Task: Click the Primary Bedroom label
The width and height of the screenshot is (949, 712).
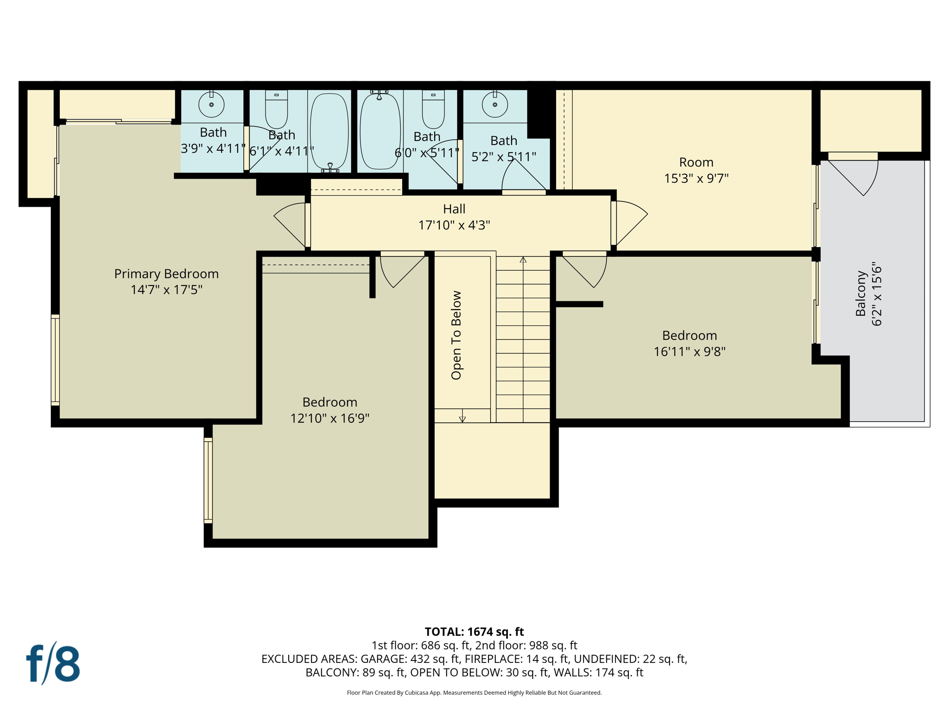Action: tap(166, 273)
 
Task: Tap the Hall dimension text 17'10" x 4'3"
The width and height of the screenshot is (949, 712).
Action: tap(454, 225)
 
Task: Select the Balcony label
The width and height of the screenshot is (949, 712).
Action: tap(860, 294)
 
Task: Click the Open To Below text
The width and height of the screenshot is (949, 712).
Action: tap(456, 335)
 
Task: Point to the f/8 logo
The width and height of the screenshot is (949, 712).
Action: tap(53, 664)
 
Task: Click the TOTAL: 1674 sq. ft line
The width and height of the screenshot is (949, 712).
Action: tap(474, 632)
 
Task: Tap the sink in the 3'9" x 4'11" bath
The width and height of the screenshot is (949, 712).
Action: tap(211, 104)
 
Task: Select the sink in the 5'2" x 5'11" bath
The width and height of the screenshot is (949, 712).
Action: tap(495, 104)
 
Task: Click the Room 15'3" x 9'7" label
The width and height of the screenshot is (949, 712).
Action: tap(696, 170)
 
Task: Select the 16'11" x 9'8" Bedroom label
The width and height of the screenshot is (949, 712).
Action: tap(690, 343)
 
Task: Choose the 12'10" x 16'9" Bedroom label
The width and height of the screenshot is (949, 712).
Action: tap(329, 410)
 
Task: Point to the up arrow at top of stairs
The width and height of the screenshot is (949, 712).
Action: tap(523, 260)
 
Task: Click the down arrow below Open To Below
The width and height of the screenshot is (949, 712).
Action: tap(462, 418)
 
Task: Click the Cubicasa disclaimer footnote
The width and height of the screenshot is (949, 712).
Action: tap(474, 693)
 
